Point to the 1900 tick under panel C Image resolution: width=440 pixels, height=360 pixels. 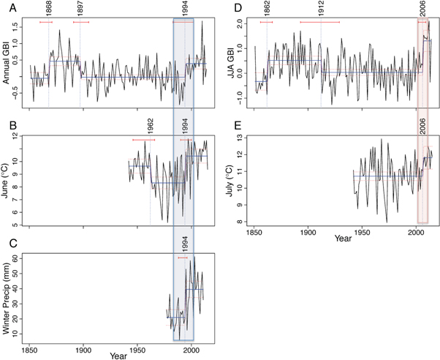coord(83,349)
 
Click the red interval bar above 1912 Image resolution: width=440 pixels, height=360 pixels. coord(319,22)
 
